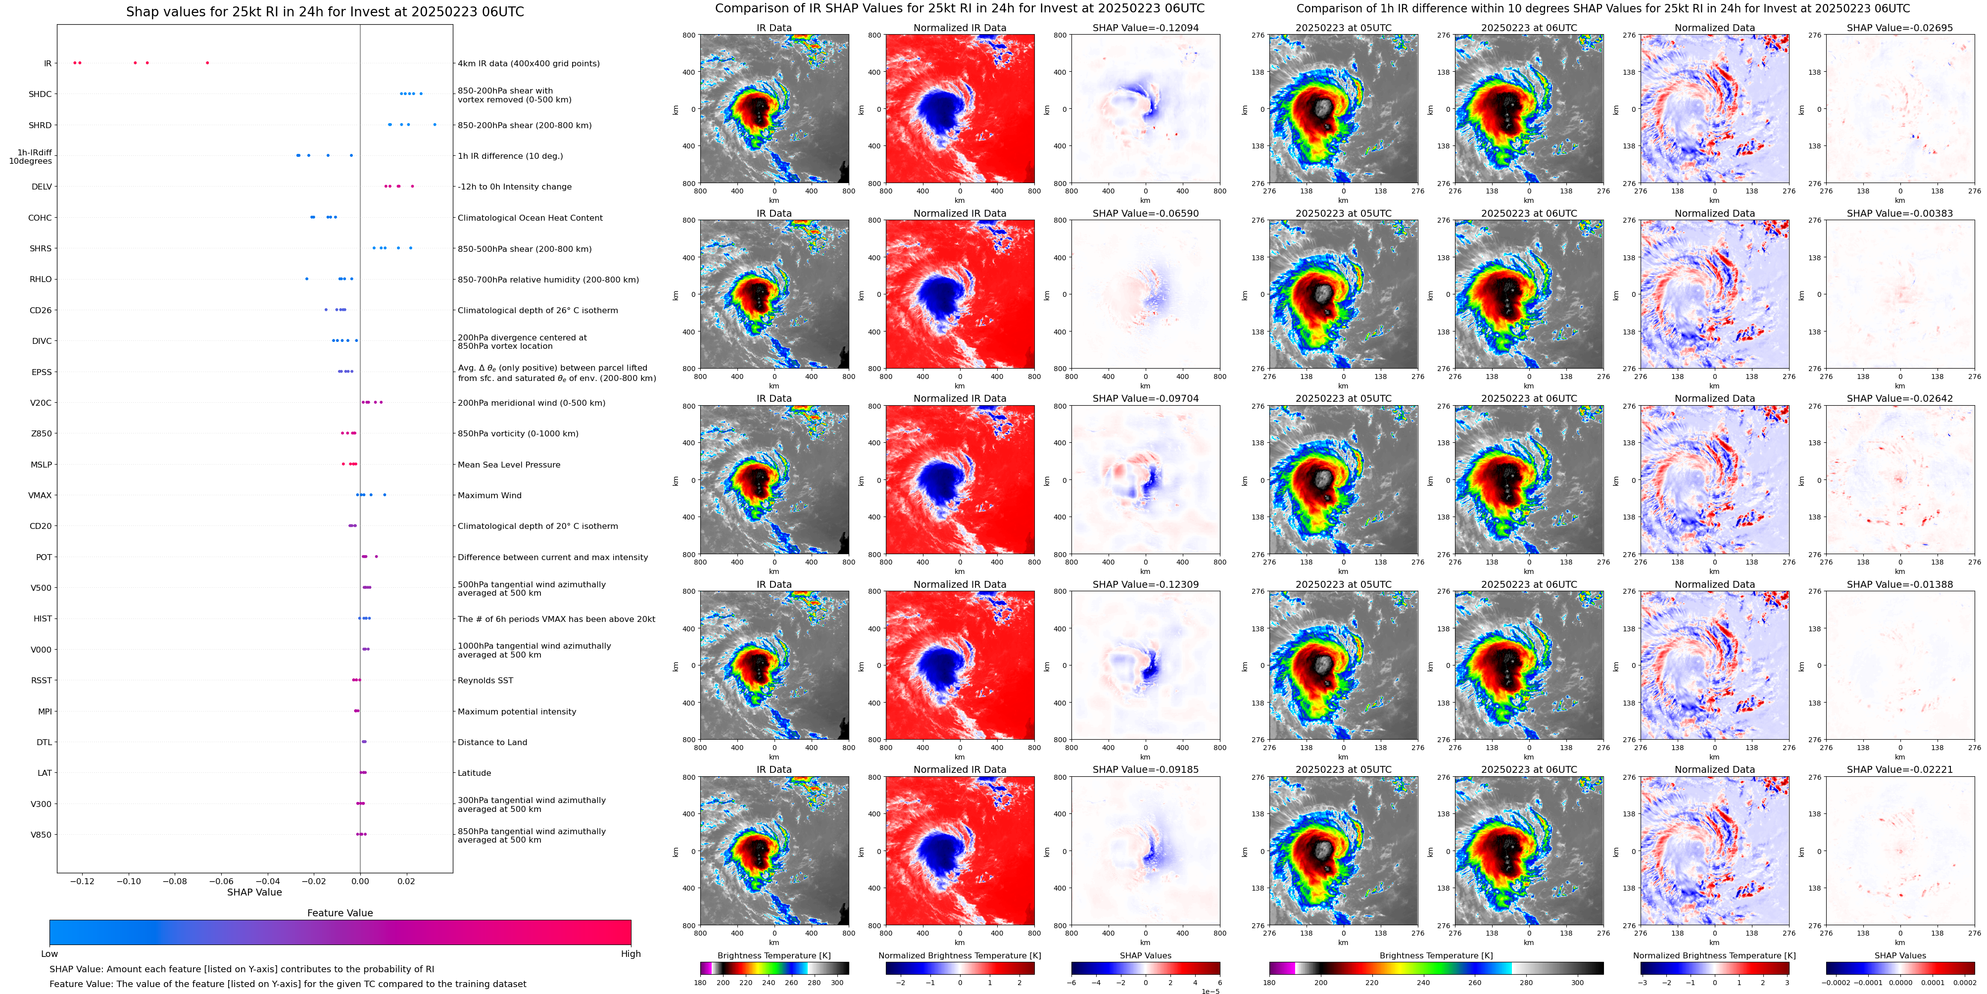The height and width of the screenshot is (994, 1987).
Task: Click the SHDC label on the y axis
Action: tap(40, 94)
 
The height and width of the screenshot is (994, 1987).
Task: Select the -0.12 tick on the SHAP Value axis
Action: tap(83, 881)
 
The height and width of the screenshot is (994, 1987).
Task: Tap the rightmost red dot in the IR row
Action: tap(207, 62)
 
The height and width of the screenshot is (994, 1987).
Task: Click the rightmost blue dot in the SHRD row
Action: tap(435, 124)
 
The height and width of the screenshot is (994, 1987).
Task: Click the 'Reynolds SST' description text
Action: tap(485, 680)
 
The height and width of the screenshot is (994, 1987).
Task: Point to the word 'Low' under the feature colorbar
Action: tap(49, 954)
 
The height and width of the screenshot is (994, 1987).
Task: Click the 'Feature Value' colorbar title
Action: tap(339, 913)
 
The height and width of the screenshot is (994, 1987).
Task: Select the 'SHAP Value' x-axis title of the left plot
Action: tap(254, 892)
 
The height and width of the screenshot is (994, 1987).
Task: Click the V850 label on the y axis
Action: tap(41, 834)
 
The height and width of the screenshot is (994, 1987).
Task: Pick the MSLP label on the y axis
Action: tap(41, 464)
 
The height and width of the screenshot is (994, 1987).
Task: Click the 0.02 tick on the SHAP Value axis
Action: tap(406, 881)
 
